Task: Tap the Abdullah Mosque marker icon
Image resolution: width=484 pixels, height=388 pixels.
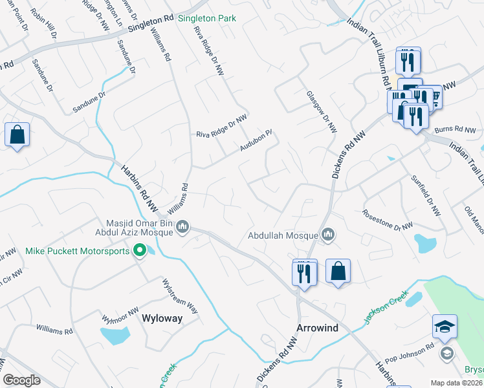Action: [x=328, y=235]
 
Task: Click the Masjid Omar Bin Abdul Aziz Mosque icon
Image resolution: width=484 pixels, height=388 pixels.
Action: [x=182, y=227]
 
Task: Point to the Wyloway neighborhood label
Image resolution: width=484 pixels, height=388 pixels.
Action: [x=162, y=318]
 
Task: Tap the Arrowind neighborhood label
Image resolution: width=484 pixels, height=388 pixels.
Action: [x=317, y=328]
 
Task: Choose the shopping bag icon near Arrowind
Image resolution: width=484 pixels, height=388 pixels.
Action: [x=338, y=271]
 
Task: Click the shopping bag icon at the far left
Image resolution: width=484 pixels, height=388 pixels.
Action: [x=17, y=135]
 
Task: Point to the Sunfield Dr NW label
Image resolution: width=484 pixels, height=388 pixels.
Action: [x=426, y=195]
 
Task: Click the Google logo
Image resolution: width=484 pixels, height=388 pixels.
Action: [x=21, y=380]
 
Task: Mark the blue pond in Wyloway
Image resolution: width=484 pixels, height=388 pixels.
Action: [x=115, y=335]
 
